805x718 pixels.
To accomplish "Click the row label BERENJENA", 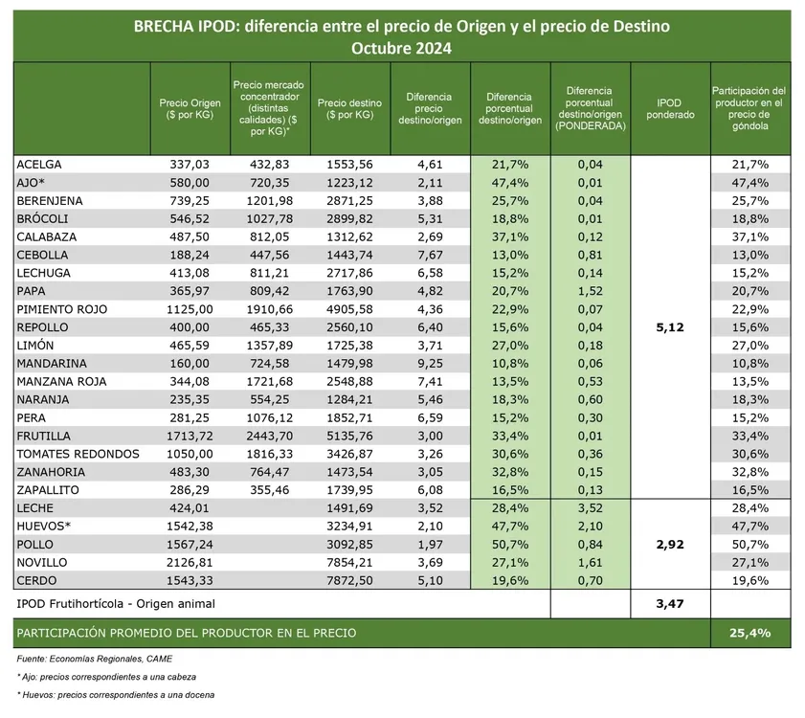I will [50, 200].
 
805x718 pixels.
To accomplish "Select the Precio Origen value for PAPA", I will [190, 291].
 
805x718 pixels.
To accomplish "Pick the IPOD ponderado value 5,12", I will [670, 327].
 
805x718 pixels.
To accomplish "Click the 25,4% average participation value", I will [750, 633].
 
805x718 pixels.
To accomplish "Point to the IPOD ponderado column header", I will [670, 108].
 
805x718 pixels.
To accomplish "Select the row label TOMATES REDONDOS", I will [78, 454].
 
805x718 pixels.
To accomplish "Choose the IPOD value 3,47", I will [670, 603].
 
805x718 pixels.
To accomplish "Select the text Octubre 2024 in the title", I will [401, 48].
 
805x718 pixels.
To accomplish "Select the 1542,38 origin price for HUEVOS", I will [189, 526].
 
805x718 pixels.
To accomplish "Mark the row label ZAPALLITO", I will [48, 489].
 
